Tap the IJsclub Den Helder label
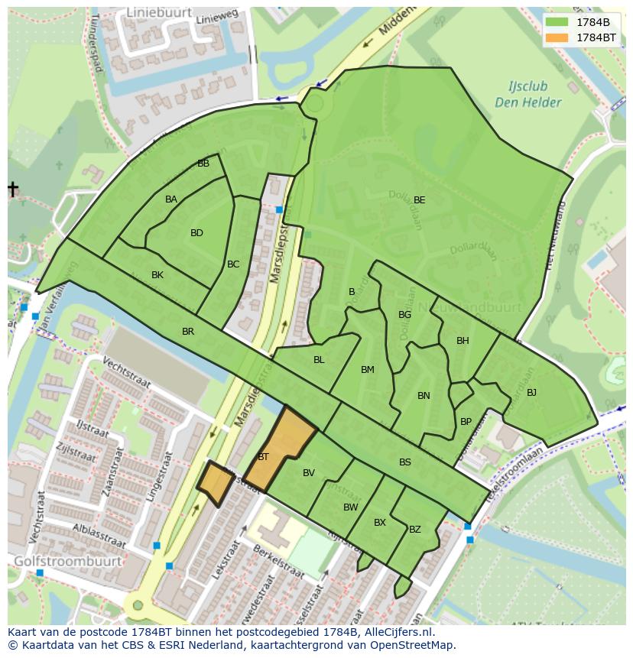527,95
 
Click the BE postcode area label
419,200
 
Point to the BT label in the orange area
263,457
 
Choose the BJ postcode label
531,393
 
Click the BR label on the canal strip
188,332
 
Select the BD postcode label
196,233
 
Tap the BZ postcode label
414,529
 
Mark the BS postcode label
404,462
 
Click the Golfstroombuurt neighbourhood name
67,561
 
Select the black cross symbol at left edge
13,189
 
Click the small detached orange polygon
216,483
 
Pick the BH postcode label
463,341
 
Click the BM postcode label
368,370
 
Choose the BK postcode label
157,275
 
